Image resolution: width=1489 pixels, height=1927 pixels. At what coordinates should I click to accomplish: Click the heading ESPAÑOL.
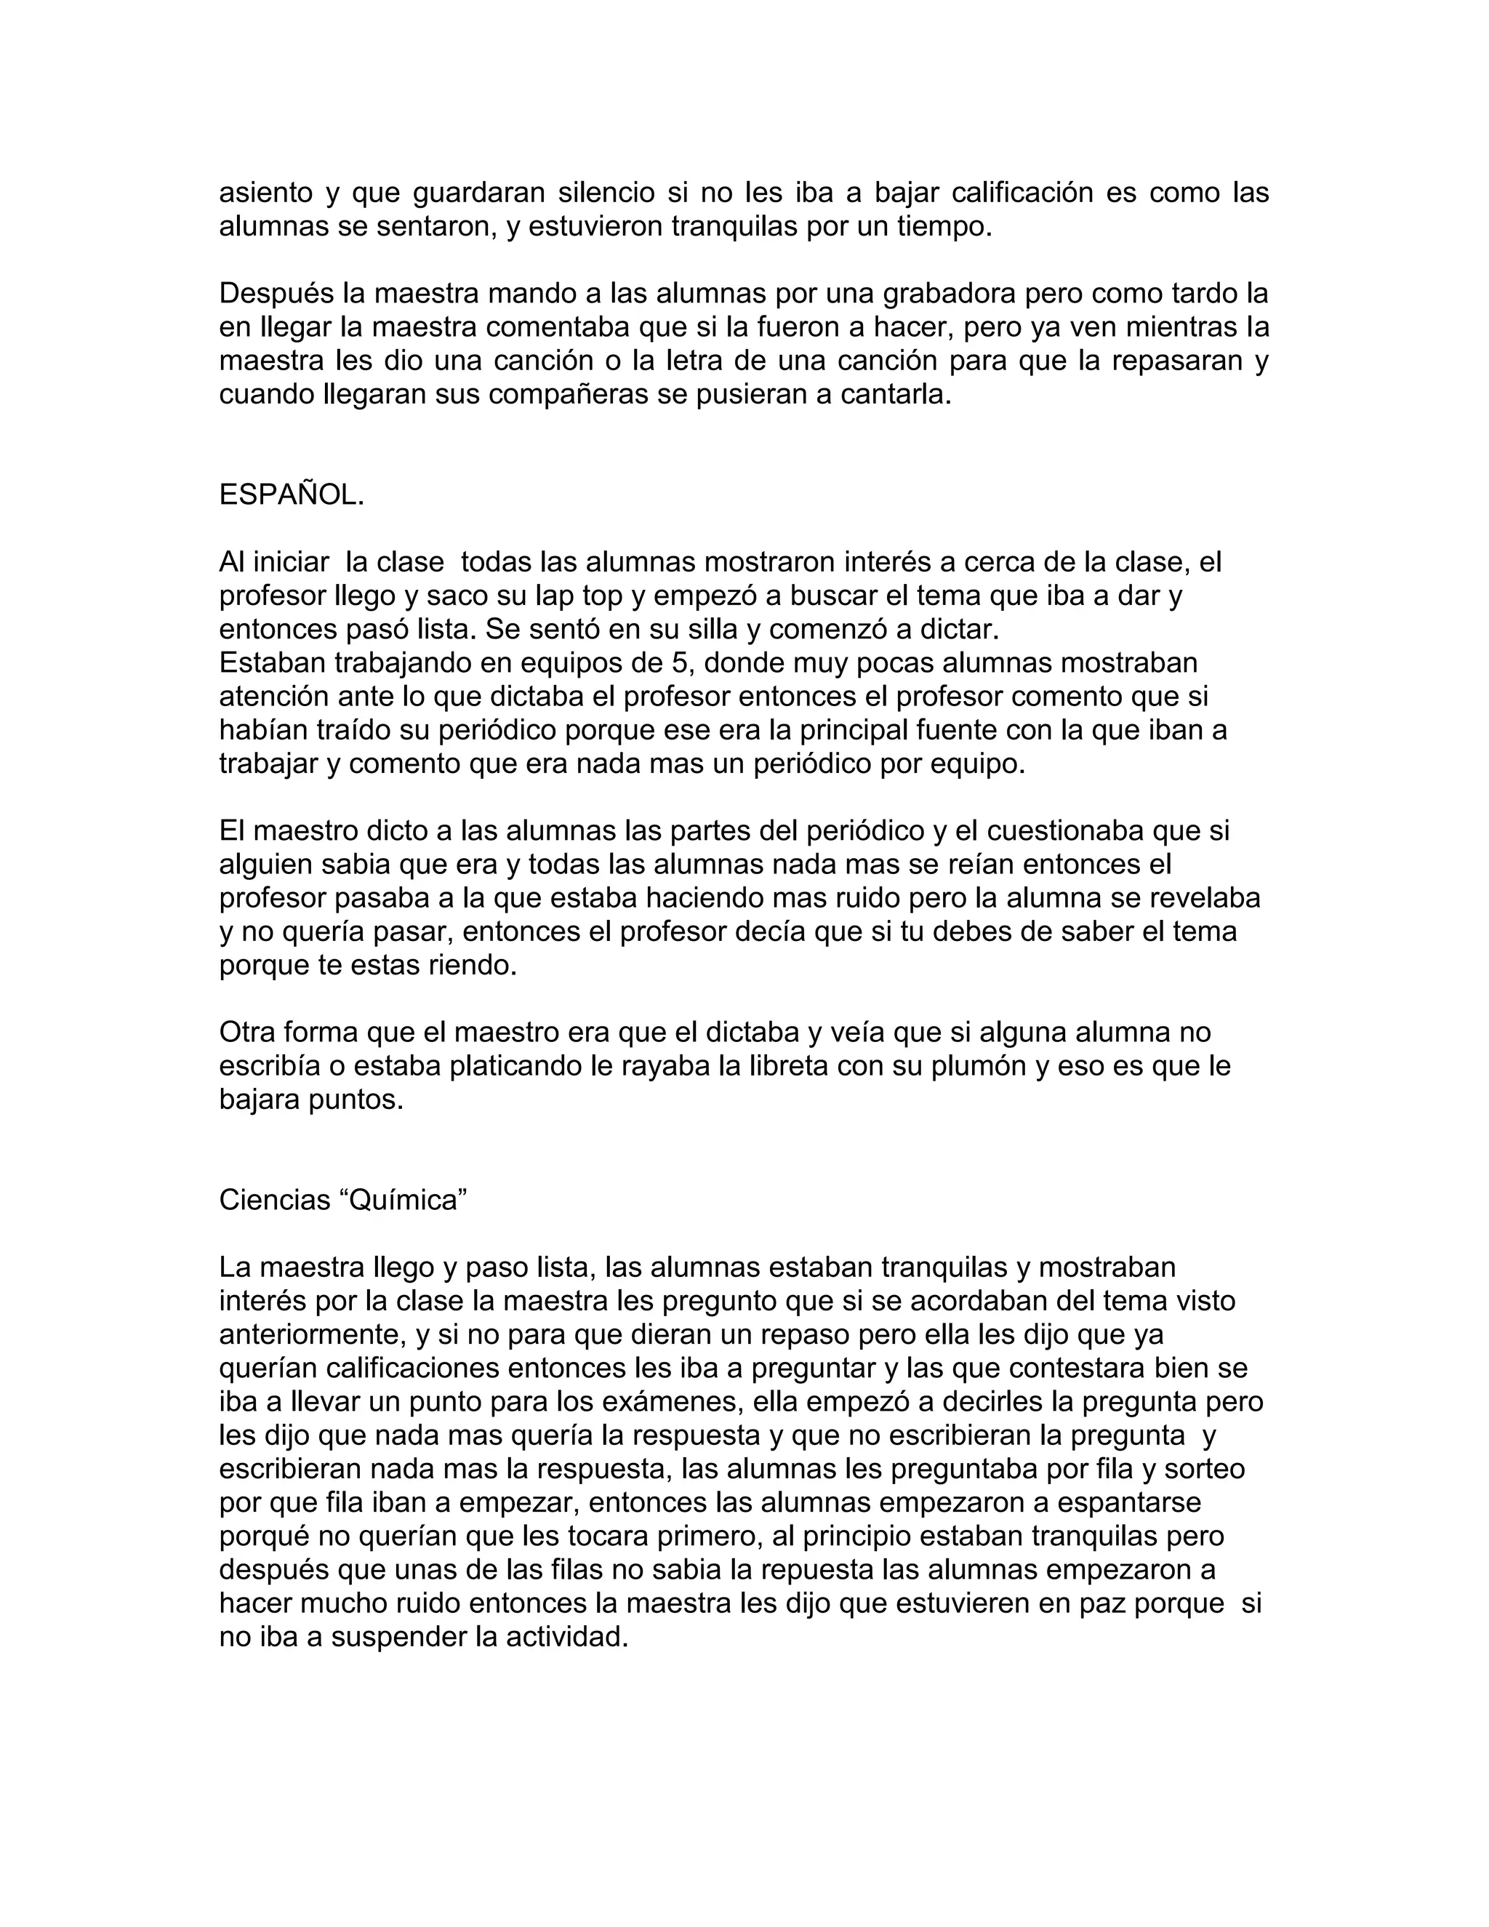291,495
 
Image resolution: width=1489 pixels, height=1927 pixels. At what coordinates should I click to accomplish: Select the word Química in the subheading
403,1200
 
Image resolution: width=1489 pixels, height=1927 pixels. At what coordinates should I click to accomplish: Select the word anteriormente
308,1334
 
